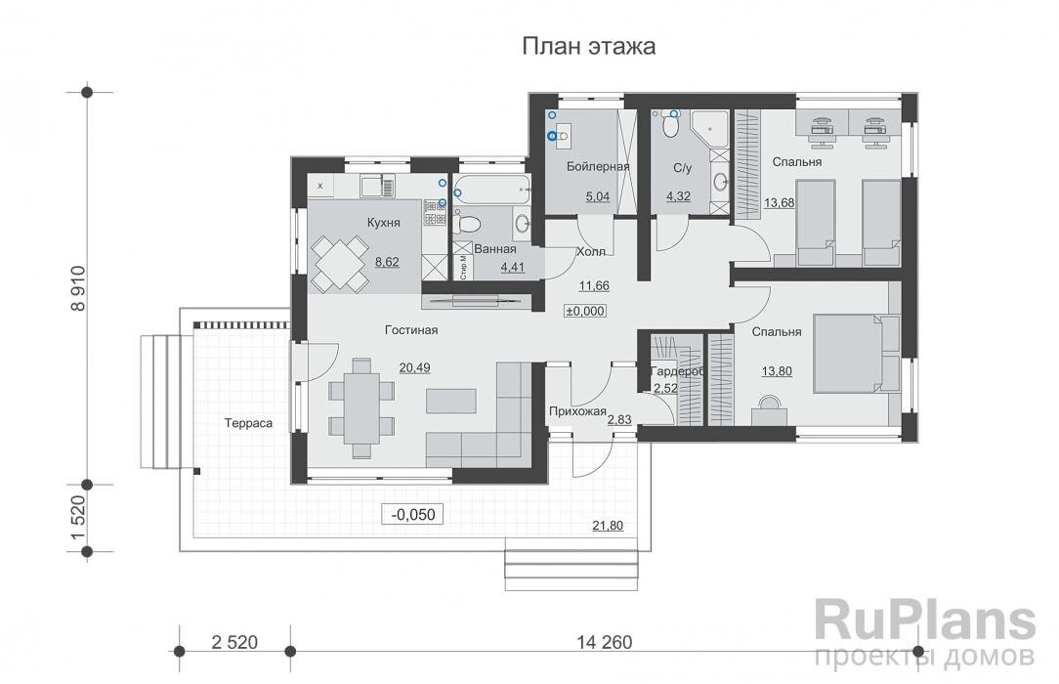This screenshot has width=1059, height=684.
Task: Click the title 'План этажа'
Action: [588, 46]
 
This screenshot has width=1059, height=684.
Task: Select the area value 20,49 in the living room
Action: [412, 367]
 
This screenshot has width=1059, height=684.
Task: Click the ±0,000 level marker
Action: [585, 311]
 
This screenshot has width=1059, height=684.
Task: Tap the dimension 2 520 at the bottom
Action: [233, 642]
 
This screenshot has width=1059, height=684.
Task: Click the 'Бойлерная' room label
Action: [597, 167]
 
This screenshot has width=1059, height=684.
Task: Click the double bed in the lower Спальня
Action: [850, 352]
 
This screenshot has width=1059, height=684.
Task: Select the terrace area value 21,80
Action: [606, 526]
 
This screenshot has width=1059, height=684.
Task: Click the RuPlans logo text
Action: [924, 621]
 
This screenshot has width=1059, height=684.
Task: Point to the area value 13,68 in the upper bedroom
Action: [779, 202]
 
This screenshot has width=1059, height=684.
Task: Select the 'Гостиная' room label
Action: [411, 330]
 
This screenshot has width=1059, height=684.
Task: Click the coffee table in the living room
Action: [450, 401]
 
